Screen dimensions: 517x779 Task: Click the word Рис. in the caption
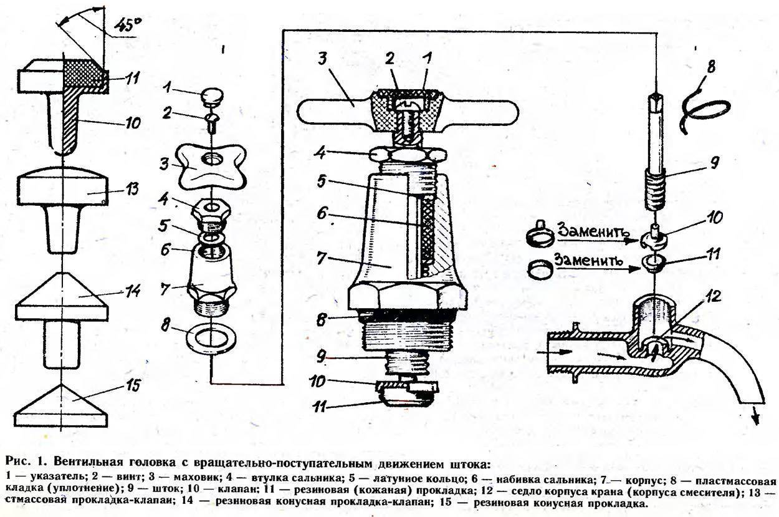click(x=17, y=462)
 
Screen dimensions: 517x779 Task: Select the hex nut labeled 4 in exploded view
click(x=210, y=212)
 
